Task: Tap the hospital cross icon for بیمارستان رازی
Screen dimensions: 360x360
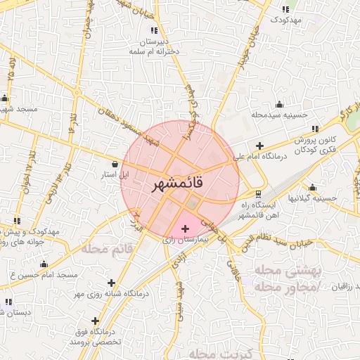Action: tap(185, 229)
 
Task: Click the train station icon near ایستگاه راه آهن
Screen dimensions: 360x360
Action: tap(258, 193)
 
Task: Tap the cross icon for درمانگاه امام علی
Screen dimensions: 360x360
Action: tap(259, 145)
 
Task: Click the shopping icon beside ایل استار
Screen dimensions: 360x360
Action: tap(115, 163)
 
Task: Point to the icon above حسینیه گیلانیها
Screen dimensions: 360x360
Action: tap(312, 188)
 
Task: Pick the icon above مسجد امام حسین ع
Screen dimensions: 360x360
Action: tap(44, 264)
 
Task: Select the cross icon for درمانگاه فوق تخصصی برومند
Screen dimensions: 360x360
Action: tap(94, 321)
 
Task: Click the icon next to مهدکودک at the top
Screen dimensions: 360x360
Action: tap(285, 9)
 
